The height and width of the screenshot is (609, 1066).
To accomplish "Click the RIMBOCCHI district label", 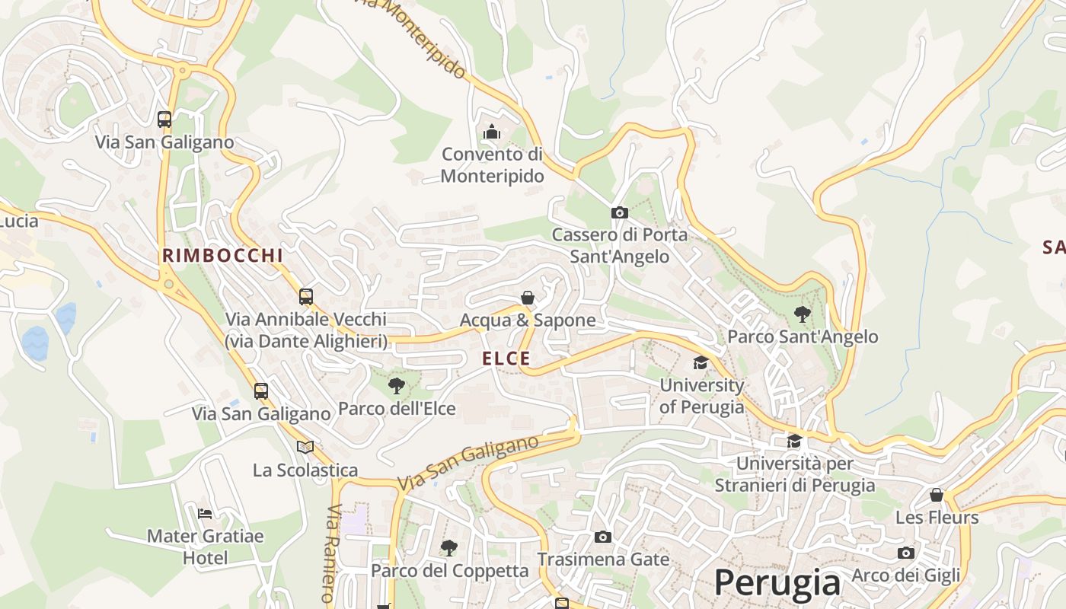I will [222, 256].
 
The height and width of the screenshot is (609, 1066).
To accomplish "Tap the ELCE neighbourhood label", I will [506, 359].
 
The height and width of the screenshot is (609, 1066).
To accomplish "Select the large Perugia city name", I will [777, 583].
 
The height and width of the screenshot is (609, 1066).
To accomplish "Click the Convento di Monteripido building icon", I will [492, 132].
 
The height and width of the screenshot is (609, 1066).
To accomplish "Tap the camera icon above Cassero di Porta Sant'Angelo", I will [619, 212].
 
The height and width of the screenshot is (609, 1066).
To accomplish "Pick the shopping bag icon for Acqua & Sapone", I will [528, 298].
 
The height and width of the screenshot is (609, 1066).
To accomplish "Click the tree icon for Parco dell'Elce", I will [397, 386].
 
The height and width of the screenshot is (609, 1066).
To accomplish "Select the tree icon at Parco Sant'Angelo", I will [802, 314].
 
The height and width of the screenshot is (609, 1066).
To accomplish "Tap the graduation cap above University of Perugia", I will [701, 363].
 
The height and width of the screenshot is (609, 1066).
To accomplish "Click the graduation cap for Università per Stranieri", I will [794, 441].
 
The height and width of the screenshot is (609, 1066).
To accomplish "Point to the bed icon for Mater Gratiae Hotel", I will [205, 513].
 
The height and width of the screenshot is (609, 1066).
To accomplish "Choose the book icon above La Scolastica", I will [305, 447].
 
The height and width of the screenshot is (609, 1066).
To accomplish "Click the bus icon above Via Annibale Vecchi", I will [306, 296].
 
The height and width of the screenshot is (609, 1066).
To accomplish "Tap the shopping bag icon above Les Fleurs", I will [937, 495].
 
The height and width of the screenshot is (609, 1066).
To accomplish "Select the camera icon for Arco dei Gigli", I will [905, 553].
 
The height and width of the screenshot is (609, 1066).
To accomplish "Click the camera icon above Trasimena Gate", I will [602, 537].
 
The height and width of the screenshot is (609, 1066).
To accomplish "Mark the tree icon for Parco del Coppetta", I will [449, 547].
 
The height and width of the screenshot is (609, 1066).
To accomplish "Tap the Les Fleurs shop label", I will [937, 518].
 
